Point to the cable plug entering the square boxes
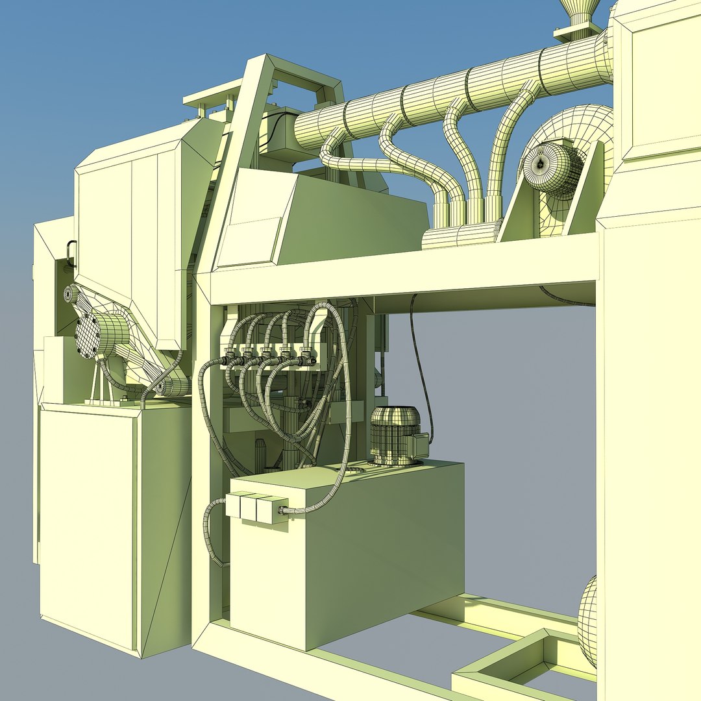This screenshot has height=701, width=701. point(284,510)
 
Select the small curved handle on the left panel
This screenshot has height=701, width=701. point(69,253)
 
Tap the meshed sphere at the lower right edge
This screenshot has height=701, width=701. point(588,620)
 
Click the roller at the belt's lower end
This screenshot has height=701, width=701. point(170,387)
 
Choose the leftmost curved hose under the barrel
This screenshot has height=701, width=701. point(363,166)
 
